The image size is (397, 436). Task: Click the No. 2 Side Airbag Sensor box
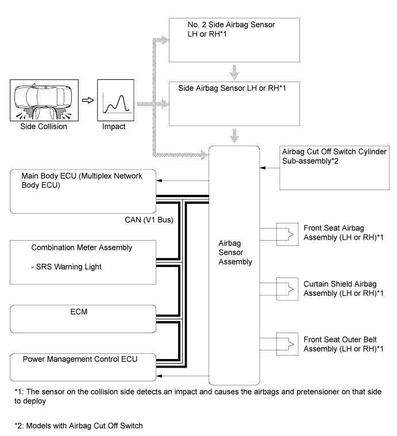tap(234, 40)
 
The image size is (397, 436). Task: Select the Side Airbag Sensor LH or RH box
tap(234, 104)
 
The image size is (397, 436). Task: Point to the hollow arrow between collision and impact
tap(88, 100)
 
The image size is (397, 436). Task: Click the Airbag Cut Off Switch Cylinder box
tap(334, 168)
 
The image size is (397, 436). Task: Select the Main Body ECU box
tap(83, 191)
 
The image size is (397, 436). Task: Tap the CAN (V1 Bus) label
tap(149, 220)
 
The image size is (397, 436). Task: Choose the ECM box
tap(83, 319)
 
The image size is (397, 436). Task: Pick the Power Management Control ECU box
tap(83, 367)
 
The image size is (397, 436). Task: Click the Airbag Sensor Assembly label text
tap(235, 253)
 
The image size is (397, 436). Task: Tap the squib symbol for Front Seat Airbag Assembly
tap(287, 234)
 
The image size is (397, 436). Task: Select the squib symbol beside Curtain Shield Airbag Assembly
tap(287, 289)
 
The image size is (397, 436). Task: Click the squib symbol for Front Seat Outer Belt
tap(287, 344)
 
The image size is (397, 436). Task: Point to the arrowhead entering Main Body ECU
tap(159, 180)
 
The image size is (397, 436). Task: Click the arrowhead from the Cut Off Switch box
tap(263, 168)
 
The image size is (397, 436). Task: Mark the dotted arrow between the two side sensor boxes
tap(234, 72)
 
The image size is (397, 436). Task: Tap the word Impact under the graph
tap(114, 126)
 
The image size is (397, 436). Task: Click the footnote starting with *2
tap(79, 426)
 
